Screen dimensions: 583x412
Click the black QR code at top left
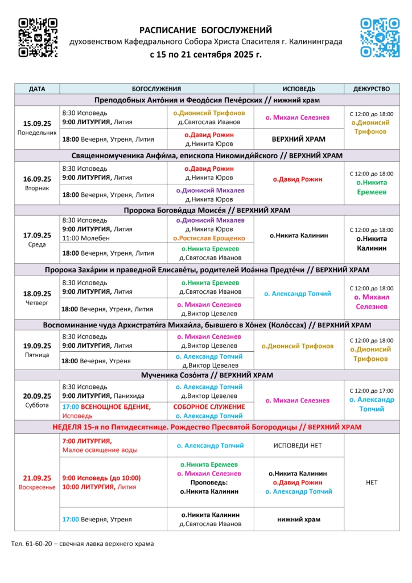(x=38, y=38)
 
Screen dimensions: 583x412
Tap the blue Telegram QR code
(x=380, y=38)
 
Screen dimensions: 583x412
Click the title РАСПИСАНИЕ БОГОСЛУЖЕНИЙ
(x=206, y=30)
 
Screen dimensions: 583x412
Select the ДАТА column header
(x=37, y=89)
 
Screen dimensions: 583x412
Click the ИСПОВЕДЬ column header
(x=299, y=89)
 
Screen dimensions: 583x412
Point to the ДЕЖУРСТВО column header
(x=372, y=89)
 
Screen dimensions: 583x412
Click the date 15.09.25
(x=37, y=123)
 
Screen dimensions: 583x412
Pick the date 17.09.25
(x=37, y=235)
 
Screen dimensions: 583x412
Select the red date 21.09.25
(x=37, y=478)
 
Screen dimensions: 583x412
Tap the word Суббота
(x=37, y=405)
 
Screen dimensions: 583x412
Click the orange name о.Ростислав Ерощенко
(x=209, y=238)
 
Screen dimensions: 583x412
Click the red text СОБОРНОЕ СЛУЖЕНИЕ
(x=209, y=407)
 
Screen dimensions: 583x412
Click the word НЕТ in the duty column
(x=372, y=482)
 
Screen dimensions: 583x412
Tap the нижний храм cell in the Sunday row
(x=299, y=519)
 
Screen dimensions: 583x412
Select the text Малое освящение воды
(x=100, y=450)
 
